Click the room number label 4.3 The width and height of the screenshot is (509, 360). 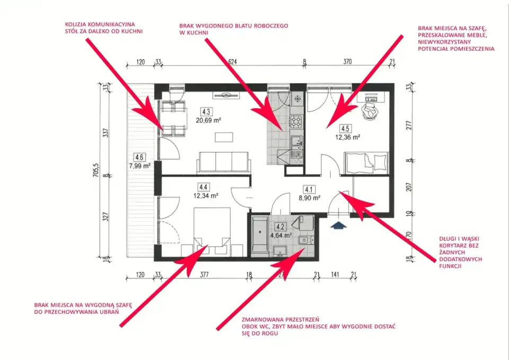pos(206,112)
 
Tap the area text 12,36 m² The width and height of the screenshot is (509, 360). pos(347,137)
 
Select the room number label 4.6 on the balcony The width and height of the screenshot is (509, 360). pos(139,157)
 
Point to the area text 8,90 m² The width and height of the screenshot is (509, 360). pos(309,198)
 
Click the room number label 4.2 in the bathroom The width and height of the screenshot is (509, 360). pos(280,226)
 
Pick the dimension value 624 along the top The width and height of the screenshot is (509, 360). pos(232,62)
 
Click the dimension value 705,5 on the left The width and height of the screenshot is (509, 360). pos(96,170)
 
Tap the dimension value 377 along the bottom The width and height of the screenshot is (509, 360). pos(204,275)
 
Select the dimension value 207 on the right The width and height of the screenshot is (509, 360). pos(409,187)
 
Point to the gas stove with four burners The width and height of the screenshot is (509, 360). pos(296,122)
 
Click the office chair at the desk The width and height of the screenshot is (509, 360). pos(370,111)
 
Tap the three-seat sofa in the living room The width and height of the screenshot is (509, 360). pos(224,162)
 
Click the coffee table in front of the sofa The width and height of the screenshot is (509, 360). pos(224,137)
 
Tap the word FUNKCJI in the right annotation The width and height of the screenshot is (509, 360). pos(450,266)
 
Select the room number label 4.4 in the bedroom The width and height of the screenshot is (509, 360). pos(204,187)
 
